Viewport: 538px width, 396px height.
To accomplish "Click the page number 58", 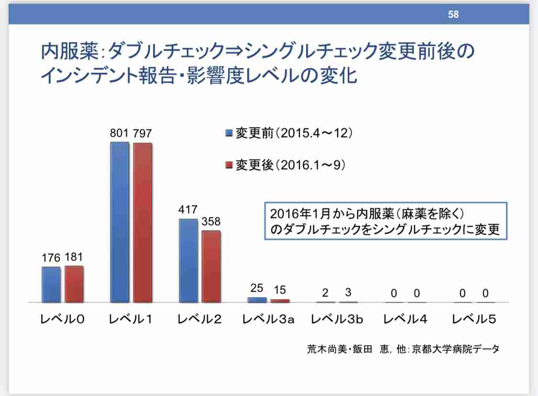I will [453, 14].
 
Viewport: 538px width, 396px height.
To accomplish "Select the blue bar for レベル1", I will [120, 222].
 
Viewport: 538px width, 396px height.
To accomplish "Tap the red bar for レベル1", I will [143, 223].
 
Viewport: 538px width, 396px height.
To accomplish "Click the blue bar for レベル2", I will [188, 261].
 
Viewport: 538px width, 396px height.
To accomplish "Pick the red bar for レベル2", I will [211, 266].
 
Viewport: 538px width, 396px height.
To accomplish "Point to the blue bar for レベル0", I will [51, 285].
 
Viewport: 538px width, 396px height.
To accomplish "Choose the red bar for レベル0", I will [74, 284].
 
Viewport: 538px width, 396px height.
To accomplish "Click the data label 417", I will [187, 210].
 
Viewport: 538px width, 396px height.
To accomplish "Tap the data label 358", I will [210, 222].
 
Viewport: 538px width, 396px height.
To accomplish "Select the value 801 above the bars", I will [119, 133].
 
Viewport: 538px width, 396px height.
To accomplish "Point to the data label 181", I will [74, 258].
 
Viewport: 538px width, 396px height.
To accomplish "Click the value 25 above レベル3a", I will [257, 288].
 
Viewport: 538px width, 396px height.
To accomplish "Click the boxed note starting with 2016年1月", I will [385, 221].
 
